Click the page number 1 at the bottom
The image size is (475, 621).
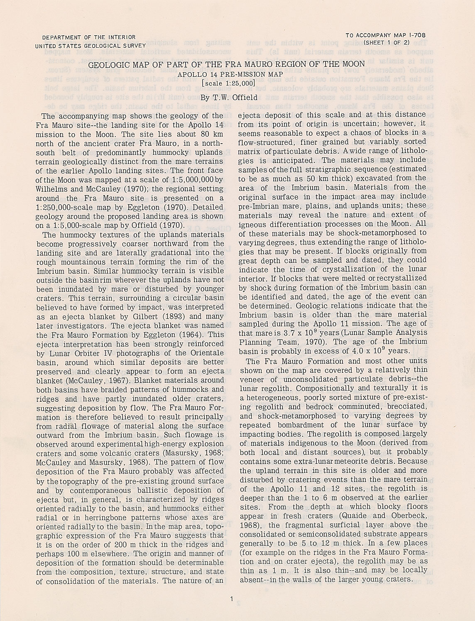tap(231, 599)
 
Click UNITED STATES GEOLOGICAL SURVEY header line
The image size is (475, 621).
tap(91, 46)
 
